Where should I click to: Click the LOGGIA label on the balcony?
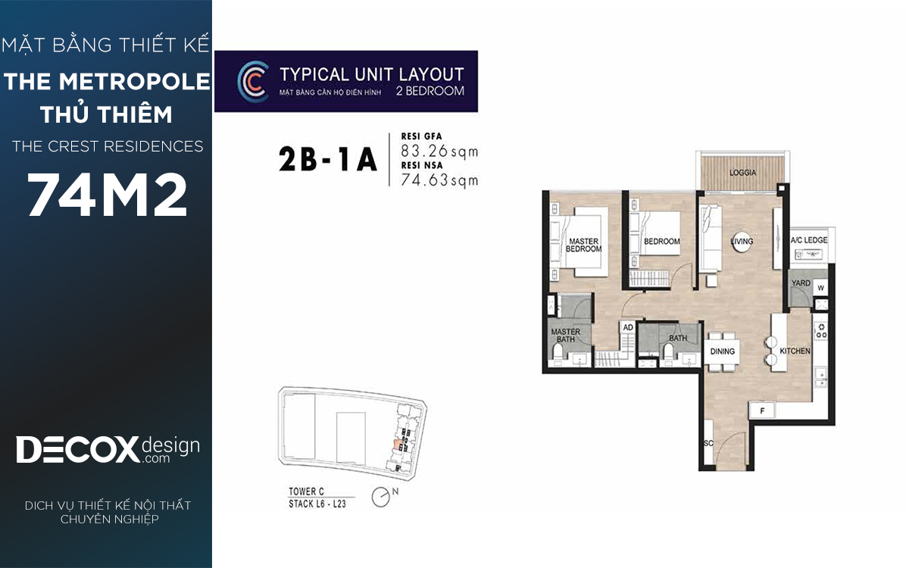coord(742,173)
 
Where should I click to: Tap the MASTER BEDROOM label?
coord(583,245)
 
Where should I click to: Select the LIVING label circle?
coord(742,242)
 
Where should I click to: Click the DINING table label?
coord(723,351)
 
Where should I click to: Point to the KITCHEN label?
coord(795,351)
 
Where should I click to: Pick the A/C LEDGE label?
coord(809,240)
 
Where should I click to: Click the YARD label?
coord(801,282)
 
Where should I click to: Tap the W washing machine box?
coord(820,288)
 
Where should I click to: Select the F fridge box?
coord(762,411)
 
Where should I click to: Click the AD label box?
coord(628,327)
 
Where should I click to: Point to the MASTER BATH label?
coord(566,335)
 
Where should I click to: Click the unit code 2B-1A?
coord(328,160)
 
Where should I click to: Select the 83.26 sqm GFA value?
coord(439,151)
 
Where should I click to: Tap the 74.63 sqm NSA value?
coord(439,180)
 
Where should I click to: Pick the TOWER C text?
coord(306,492)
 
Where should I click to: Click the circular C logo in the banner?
coord(252,81)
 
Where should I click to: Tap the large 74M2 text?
coord(107,195)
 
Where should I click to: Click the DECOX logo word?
coord(77,450)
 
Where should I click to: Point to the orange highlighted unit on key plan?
coord(397,445)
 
